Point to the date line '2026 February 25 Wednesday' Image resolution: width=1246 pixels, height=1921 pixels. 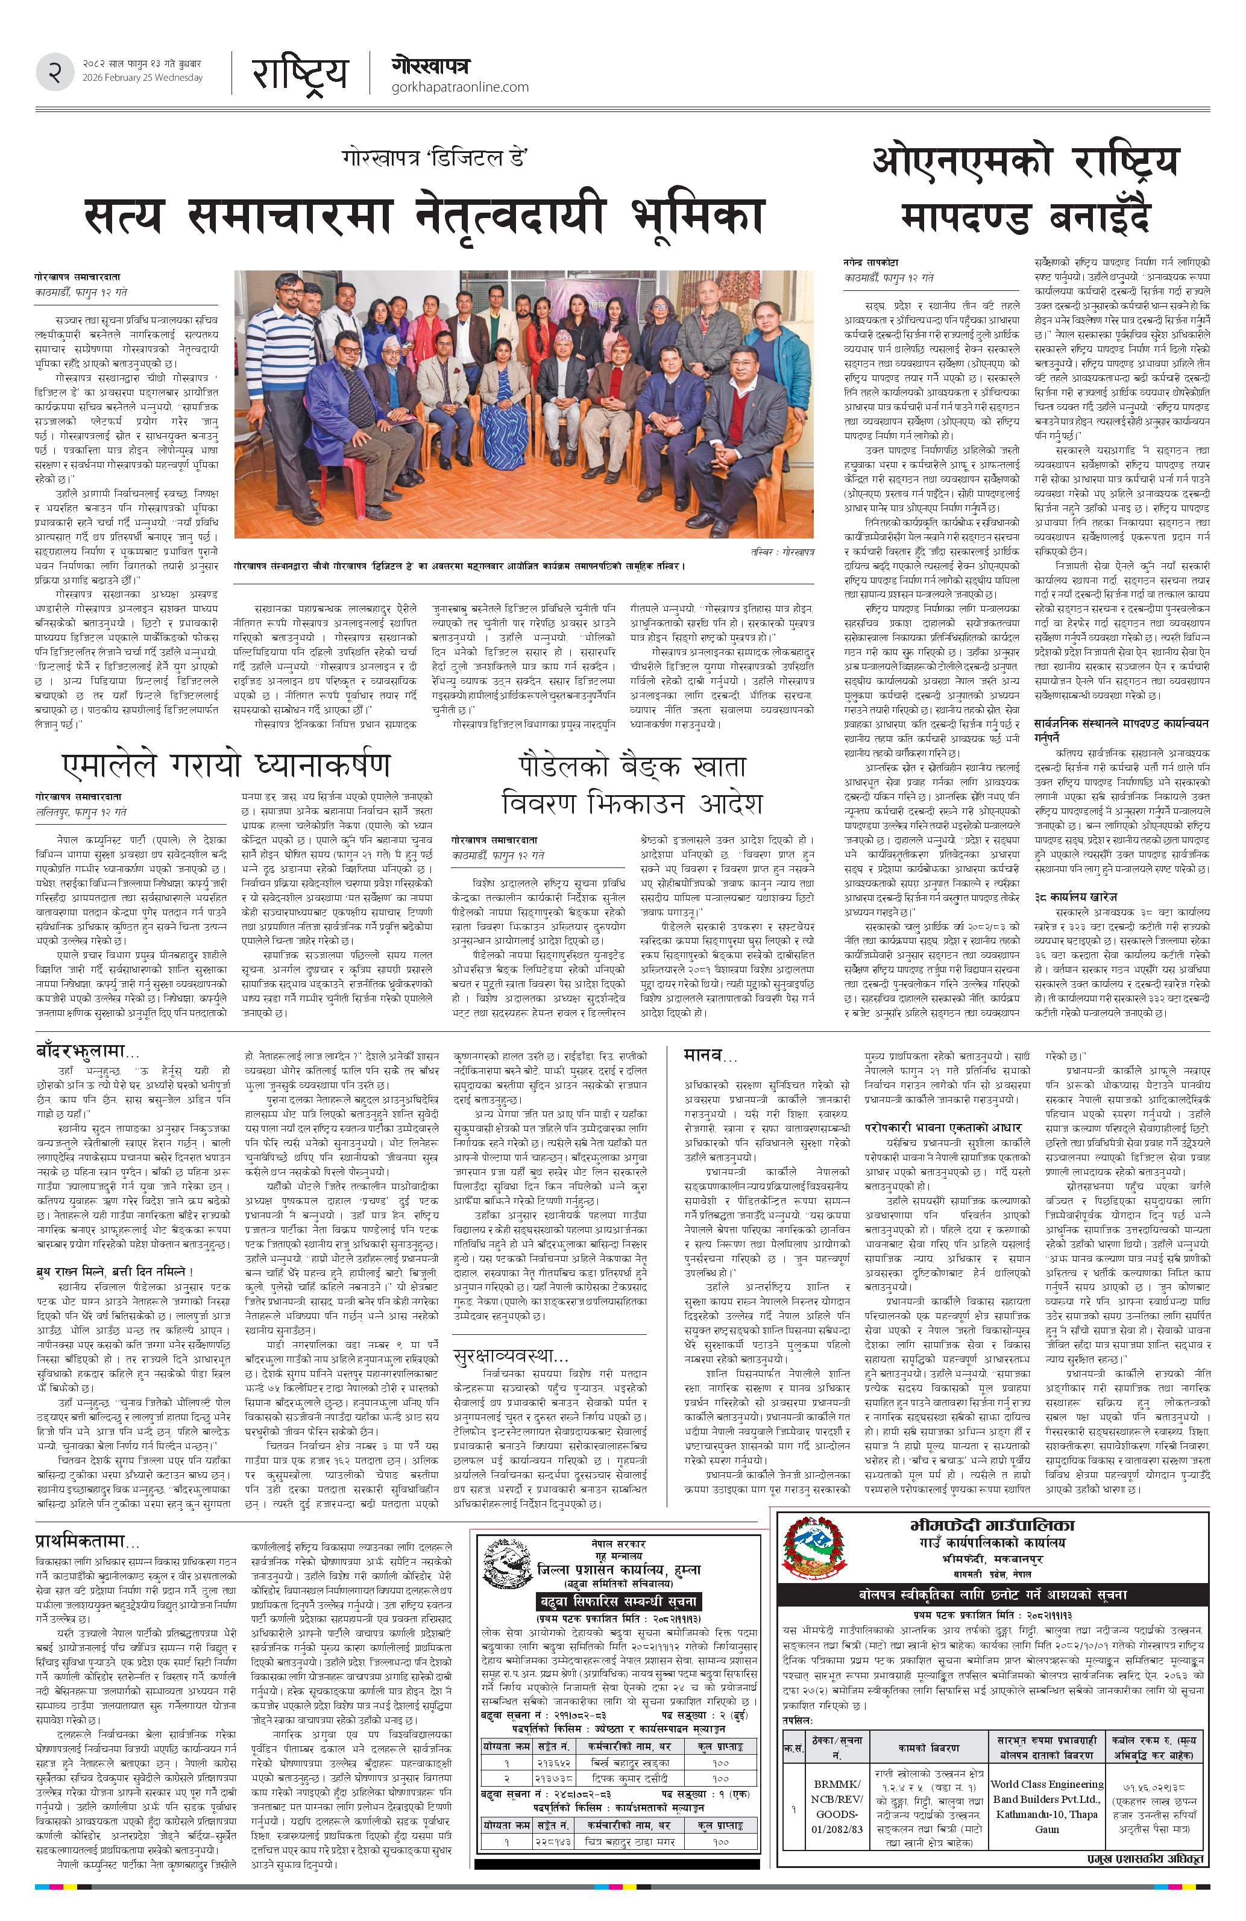click(x=142, y=78)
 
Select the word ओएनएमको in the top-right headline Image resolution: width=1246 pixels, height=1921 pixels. click(x=961, y=162)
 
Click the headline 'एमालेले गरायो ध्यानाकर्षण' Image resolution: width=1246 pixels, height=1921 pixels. click(x=226, y=765)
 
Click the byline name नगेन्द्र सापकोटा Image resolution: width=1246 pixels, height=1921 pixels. click(x=871, y=262)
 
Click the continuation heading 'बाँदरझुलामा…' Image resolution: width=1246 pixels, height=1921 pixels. click(x=88, y=1051)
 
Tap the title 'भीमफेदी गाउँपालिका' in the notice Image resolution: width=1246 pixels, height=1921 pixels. click(x=992, y=1525)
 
